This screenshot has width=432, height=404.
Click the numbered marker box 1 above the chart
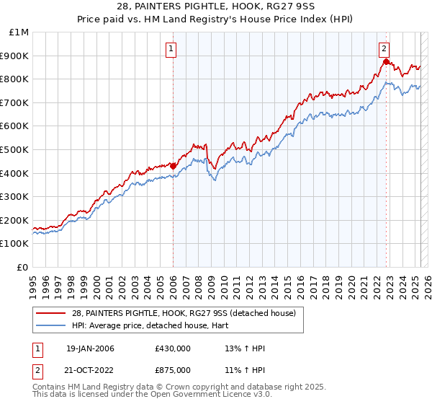[x=172, y=49]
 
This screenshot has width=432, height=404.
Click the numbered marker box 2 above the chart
[x=384, y=49]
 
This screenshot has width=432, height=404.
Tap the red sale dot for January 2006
[x=174, y=165]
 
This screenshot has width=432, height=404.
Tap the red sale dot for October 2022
[x=387, y=61]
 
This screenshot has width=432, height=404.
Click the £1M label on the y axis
[x=19, y=32]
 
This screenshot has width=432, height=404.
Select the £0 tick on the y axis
[x=23, y=267]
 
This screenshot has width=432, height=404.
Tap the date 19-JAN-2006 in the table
[x=91, y=348]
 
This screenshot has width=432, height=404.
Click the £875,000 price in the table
[x=172, y=370]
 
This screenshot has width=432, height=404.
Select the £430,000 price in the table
[x=172, y=348]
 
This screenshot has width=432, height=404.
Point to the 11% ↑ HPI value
[x=245, y=370]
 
